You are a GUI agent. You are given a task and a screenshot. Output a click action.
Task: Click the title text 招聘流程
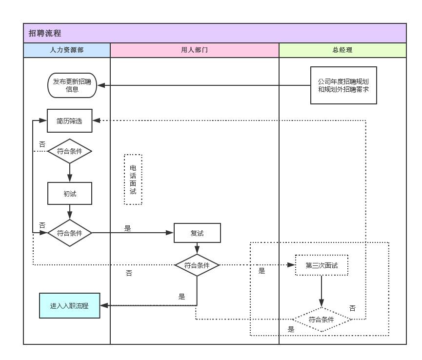point(45,34)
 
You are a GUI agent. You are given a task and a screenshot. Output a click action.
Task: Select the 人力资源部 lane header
point(67,50)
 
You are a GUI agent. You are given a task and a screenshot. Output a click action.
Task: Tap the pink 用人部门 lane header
point(194,50)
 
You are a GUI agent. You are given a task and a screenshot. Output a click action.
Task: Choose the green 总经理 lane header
point(342,50)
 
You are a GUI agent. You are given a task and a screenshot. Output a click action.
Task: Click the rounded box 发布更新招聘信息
point(72,85)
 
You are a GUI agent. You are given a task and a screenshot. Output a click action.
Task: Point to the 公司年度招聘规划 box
point(343,85)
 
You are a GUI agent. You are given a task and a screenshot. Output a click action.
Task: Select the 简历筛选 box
point(70,121)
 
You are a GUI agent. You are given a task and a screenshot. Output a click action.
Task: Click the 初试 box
point(70,194)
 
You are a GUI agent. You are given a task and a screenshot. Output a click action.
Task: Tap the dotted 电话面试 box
point(133,180)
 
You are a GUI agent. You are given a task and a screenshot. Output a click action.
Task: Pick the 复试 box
point(197,233)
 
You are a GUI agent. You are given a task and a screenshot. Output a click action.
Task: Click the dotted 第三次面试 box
point(322,265)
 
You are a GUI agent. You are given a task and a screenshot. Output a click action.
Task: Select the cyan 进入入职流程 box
point(70,306)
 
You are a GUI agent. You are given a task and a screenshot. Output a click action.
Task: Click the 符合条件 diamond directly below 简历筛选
point(70,151)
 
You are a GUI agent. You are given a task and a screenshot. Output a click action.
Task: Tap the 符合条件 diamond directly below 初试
point(70,233)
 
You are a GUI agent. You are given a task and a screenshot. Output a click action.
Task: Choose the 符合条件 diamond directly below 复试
point(197,265)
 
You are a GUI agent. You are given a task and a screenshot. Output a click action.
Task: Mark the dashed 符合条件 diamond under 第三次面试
point(322,320)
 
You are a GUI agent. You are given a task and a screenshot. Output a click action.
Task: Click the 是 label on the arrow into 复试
point(128,228)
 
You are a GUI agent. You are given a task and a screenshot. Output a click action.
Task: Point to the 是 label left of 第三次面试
point(262,271)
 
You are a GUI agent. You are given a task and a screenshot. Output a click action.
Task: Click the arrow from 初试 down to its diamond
point(70,212)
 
